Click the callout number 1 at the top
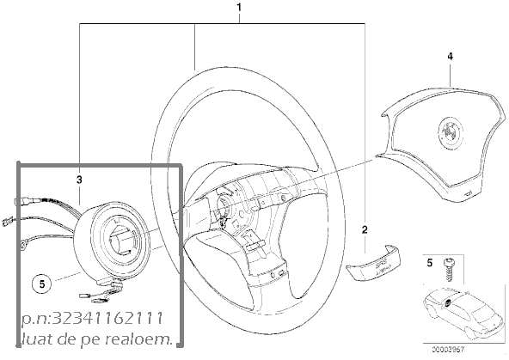click(x=239, y=7)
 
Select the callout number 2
click(x=365, y=230)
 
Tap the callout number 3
click(x=79, y=180)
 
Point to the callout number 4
click(x=450, y=57)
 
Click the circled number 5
click(x=42, y=284)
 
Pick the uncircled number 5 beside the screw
click(x=430, y=263)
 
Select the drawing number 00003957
click(x=448, y=350)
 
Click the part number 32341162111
click(x=107, y=319)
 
